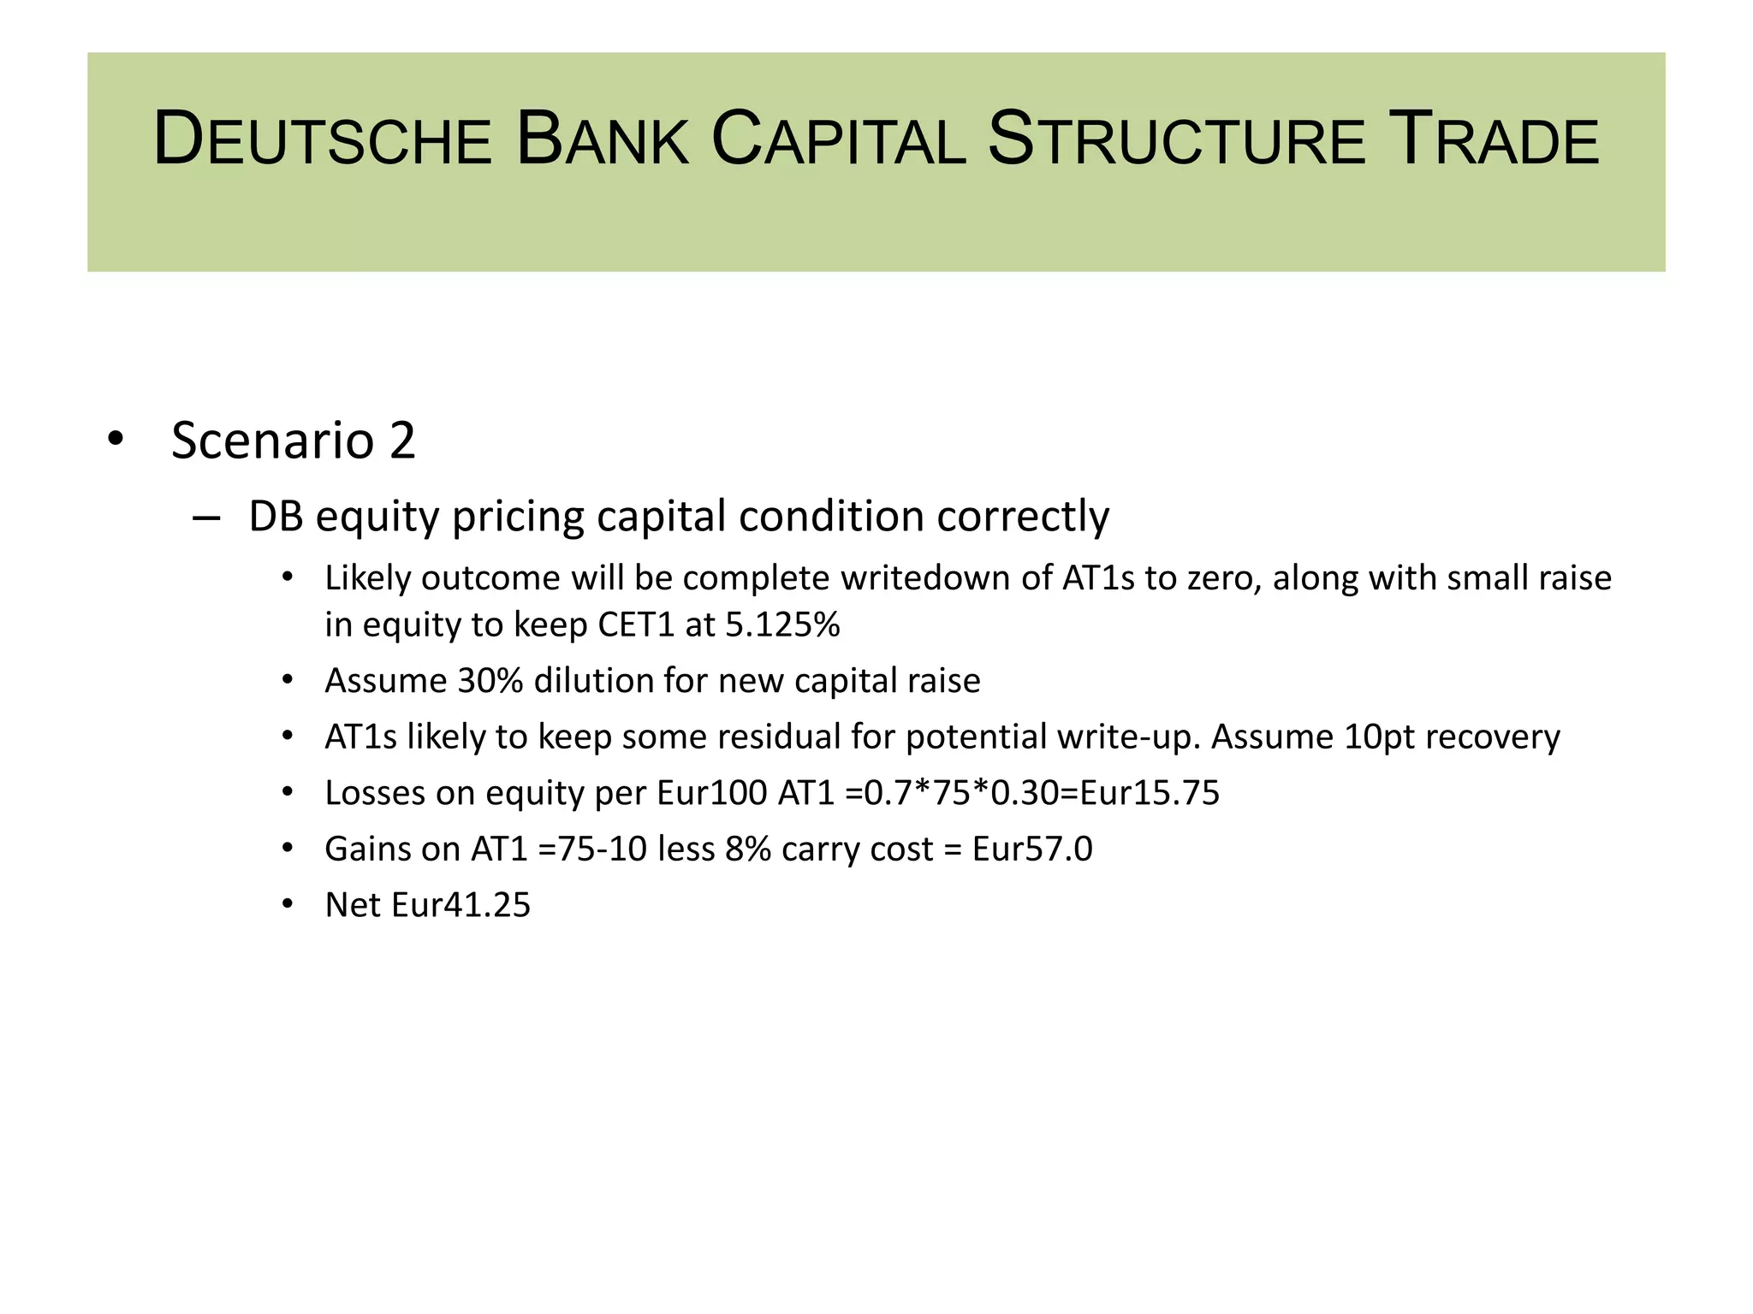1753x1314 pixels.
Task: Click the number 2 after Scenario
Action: click(402, 441)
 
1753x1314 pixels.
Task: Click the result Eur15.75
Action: click(1150, 794)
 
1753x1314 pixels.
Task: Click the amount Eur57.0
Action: click(1032, 849)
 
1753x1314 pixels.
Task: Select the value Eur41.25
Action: click(461, 906)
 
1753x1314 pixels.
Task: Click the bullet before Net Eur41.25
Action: click(288, 904)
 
